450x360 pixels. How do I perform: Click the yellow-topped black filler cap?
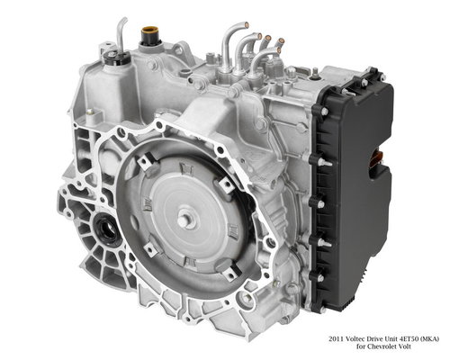tap(149, 36)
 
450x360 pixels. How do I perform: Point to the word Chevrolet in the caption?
tap(381, 346)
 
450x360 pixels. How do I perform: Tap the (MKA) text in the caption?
tap(429, 339)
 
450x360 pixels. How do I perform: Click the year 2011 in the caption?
tap(336, 339)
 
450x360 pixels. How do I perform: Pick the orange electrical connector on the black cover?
tap(376, 158)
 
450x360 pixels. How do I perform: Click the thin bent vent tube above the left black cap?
tap(121, 33)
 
